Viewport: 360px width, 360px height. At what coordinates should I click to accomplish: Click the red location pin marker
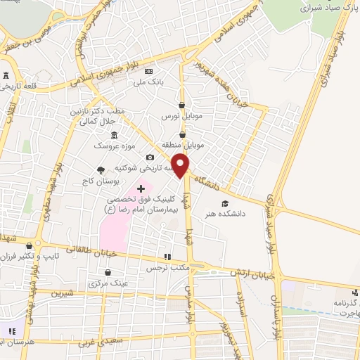point(181,165)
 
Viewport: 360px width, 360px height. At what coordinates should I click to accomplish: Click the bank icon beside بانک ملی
point(148,71)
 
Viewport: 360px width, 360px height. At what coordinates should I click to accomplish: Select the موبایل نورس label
point(182,115)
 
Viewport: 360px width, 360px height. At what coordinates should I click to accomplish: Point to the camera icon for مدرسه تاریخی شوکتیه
point(150,157)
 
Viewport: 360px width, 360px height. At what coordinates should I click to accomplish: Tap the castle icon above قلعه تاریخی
point(7,75)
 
